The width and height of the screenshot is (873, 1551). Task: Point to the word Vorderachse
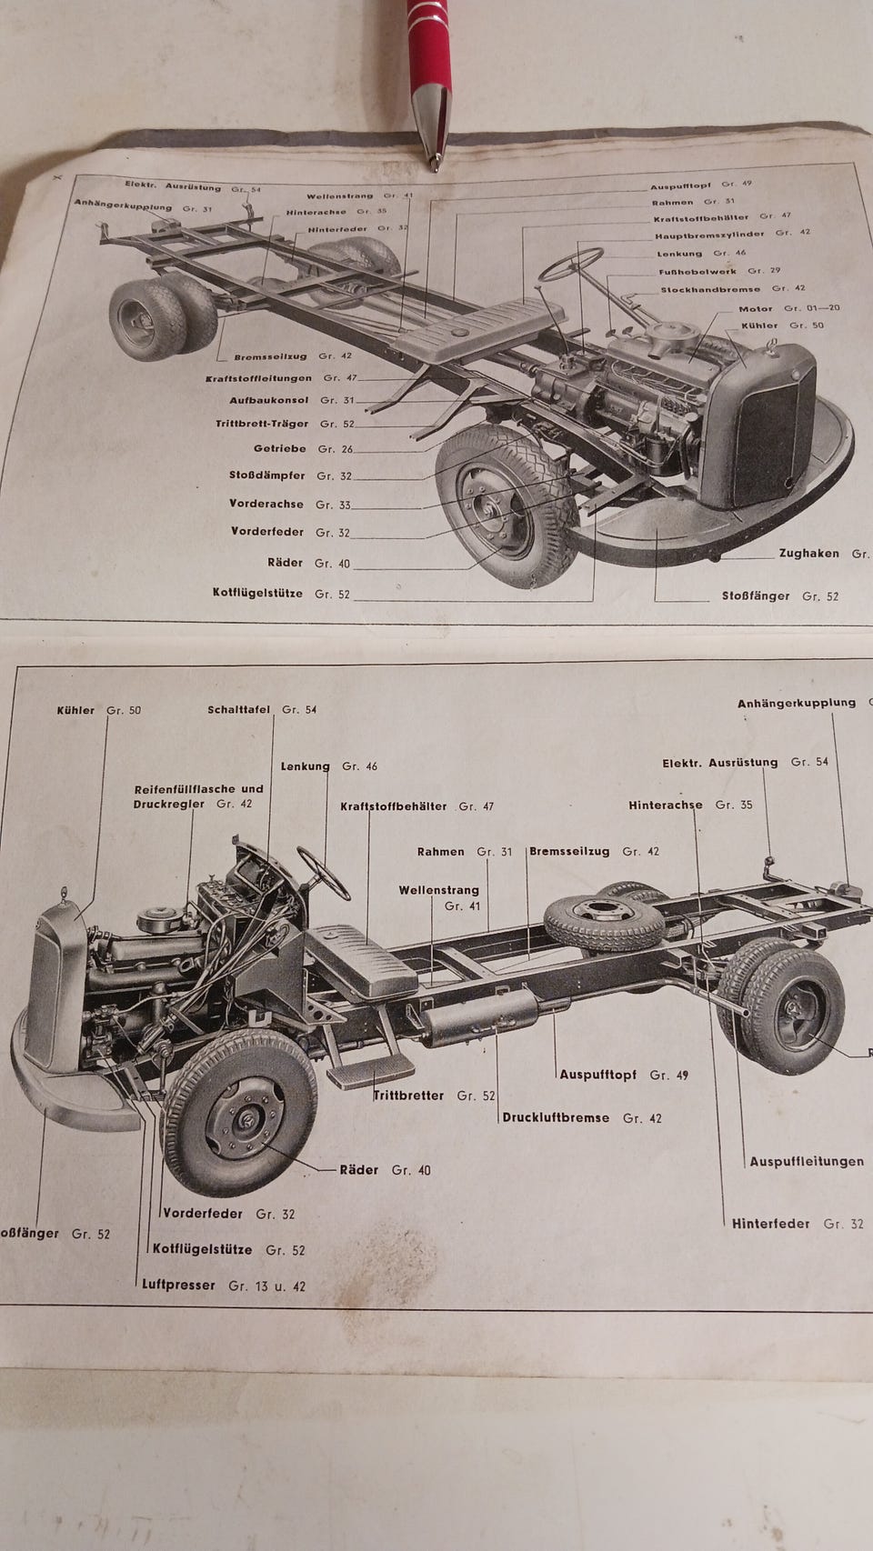(266, 503)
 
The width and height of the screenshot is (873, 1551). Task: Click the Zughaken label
(808, 553)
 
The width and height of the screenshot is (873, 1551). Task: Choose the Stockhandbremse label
(709, 289)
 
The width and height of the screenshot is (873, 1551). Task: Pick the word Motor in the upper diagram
(755, 309)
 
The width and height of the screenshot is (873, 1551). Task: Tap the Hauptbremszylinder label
(708, 234)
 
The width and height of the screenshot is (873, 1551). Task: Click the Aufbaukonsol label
(268, 400)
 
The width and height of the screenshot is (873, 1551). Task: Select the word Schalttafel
(238, 709)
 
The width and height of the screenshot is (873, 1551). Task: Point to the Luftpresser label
(178, 1285)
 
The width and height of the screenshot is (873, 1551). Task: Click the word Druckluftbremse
(556, 1117)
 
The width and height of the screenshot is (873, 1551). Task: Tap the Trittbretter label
(408, 1096)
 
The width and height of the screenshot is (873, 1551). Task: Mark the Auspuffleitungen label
(807, 1161)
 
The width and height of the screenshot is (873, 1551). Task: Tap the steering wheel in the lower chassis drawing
(324, 873)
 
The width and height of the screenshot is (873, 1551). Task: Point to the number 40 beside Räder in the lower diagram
(423, 1170)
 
